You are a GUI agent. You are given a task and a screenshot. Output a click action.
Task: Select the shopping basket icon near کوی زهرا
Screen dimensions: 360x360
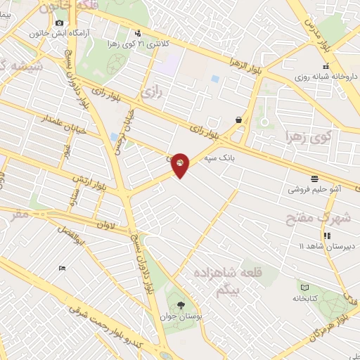[x=240, y=120]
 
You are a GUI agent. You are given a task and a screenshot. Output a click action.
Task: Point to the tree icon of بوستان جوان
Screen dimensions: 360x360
[x=181, y=305]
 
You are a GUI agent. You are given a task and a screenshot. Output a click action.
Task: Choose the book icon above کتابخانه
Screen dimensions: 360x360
[x=304, y=286]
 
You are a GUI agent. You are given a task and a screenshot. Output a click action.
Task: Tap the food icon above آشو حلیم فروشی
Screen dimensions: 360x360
[x=314, y=178]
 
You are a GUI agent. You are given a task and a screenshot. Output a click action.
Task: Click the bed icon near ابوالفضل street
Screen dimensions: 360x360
[x=62, y=268]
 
